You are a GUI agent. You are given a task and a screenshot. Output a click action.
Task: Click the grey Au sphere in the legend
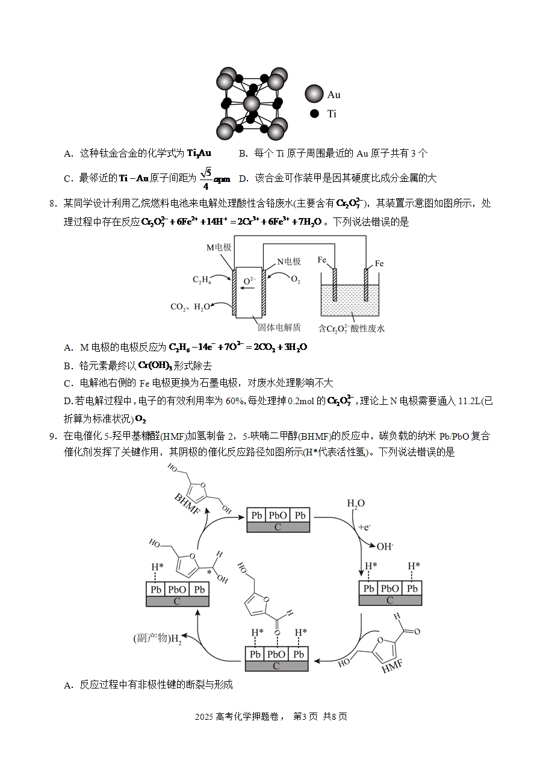(x=314, y=93)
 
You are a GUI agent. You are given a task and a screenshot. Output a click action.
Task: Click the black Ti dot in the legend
(x=314, y=113)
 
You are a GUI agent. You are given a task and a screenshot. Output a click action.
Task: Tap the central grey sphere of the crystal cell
(x=252, y=104)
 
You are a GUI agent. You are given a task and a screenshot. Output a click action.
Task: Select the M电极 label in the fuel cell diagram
(x=219, y=247)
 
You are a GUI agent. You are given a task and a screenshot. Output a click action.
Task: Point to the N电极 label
(x=288, y=261)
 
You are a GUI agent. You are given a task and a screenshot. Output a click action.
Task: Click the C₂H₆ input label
(x=202, y=279)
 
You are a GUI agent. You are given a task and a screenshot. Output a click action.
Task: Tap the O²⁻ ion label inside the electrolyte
(x=249, y=281)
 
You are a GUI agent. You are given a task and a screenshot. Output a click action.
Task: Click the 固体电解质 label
(x=279, y=328)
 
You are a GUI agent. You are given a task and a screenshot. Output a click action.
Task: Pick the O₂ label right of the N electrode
(x=296, y=279)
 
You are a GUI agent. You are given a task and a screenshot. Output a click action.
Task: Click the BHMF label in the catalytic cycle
(x=187, y=504)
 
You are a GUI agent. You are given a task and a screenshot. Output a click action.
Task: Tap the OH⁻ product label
(x=385, y=546)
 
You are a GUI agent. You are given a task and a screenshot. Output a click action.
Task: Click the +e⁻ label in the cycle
(x=364, y=527)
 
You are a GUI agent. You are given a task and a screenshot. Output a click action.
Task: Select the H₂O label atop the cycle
(x=356, y=504)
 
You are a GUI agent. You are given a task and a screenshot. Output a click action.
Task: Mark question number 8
(x=53, y=204)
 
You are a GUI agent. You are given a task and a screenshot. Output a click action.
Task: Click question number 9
(x=53, y=436)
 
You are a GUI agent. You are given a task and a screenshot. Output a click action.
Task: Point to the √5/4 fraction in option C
(x=206, y=178)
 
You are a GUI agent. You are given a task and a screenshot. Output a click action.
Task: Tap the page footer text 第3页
(x=306, y=716)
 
